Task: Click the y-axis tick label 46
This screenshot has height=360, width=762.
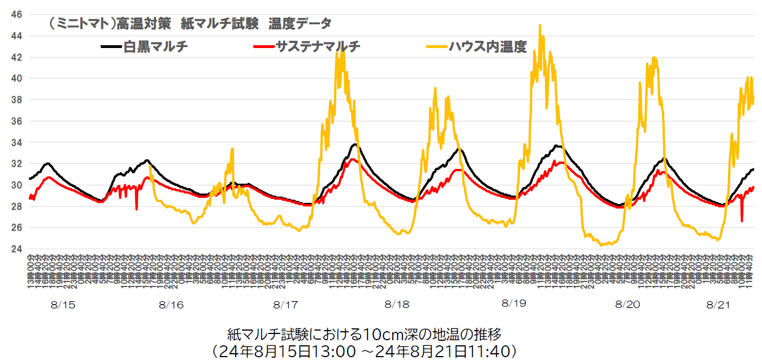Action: pyautogui.click(x=17, y=14)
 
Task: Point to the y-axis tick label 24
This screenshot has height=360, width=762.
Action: pyautogui.click(x=17, y=249)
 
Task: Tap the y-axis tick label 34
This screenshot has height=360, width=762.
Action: pyautogui.click(x=17, y=142)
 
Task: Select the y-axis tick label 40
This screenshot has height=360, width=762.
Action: pyautogui.click(x=17, y=79)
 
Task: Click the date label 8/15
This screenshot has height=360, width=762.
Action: pyautogui.click(x=63, y=305)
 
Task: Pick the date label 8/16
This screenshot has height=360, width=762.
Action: pyautogui.click(x=171, y=305)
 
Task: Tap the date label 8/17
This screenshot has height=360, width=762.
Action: pyautogui.click(x=285, y=305)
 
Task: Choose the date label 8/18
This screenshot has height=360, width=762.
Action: pyautogui.click(x=397, y=305)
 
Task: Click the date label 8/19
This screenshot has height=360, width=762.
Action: pyautogui.click(x=513, y=303)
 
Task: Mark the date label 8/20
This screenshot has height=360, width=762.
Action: pyautogui.click(x=628, y=305)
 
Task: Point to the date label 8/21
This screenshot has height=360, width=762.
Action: pyautogui.click(x=718, y=305)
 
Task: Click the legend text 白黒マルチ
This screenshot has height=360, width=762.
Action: pyautogui.click(x=155, y=47)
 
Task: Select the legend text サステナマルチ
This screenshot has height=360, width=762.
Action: pyautogui.click(x=318, y=47)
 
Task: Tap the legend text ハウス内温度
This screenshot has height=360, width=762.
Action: pyautogui.click(x=488, y=47)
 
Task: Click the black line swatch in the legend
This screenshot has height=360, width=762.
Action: pyautogui.click(x=111, y=47)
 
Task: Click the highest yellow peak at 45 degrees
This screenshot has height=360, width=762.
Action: pyautogui.click(x=540, y=25)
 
